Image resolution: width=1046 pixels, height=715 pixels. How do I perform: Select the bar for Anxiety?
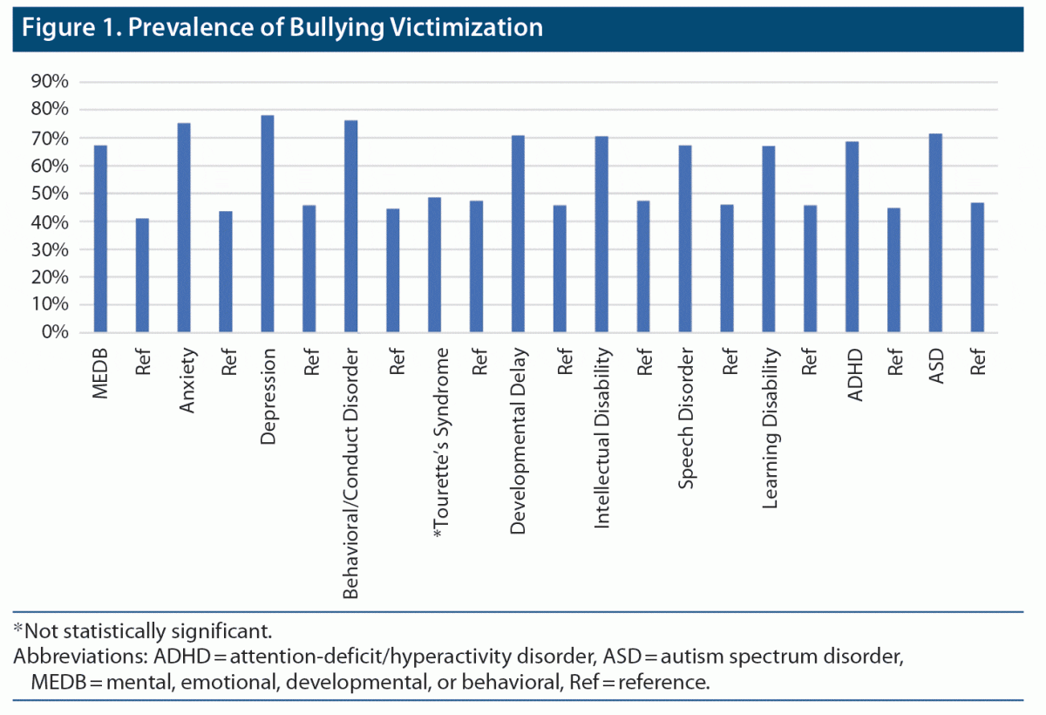[184, 228]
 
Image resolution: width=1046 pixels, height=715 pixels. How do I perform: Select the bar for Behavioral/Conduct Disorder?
[351, 227]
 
